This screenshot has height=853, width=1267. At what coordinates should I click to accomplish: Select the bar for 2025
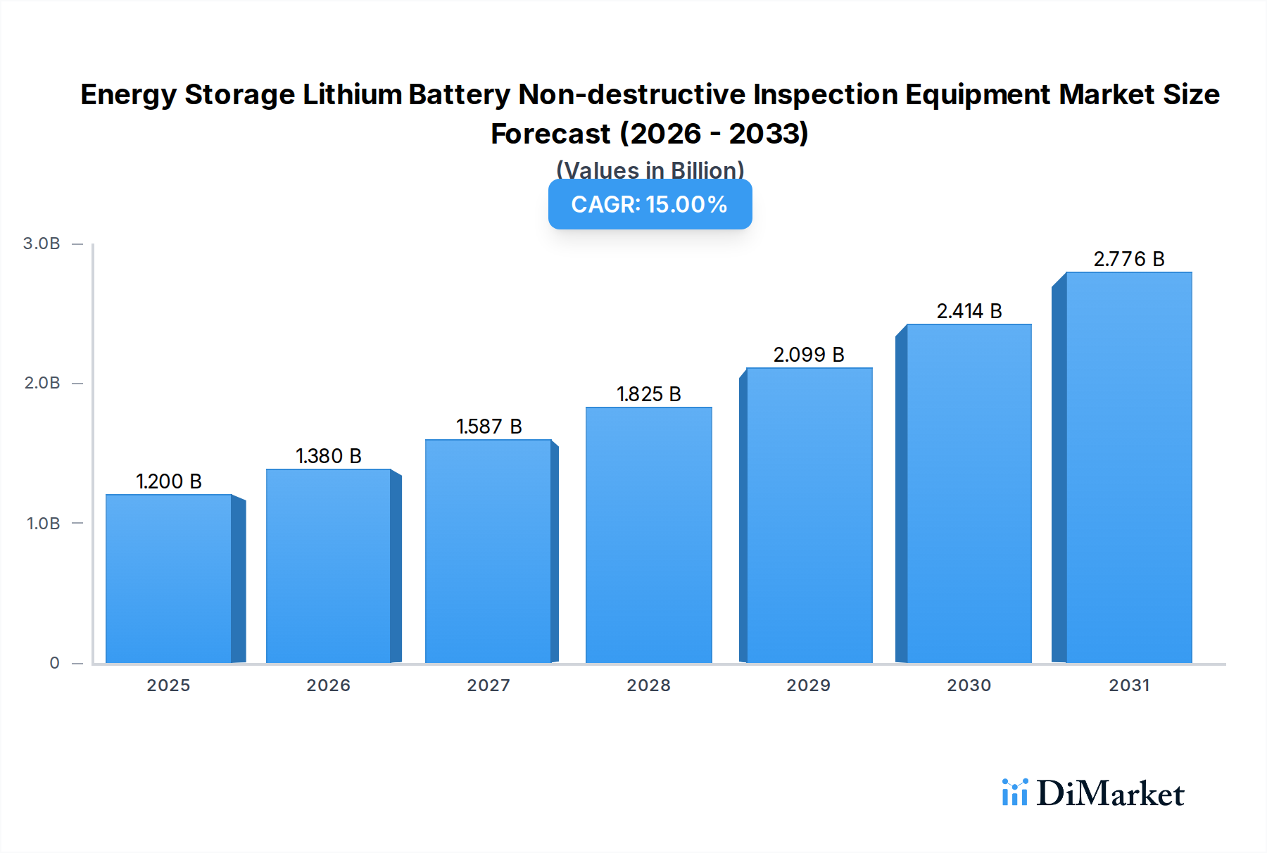click(x=169, y=579)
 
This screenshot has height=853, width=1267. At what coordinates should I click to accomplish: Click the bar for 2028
click(x=648, y=535)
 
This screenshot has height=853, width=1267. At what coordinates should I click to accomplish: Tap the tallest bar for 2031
click(x=1128, y=467)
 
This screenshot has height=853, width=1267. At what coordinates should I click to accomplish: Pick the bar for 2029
click(x=809, y=515)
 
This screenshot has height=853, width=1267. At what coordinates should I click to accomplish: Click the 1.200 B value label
click(x=169, y=481)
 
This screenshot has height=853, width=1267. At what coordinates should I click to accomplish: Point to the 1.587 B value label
click(x=488, y=426)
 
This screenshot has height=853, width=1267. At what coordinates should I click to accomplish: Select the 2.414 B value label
click(x=969, y=311)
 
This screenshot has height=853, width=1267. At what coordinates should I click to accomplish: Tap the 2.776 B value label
click(x=1128, y=259)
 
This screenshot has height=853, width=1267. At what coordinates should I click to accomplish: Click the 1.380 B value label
click(x=328, y=456)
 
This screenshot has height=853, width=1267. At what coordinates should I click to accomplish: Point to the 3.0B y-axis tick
click(x=42, y=244)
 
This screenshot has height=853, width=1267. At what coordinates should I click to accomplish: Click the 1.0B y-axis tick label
click(x=44, y=524)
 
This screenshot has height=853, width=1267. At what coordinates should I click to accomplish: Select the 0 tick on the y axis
click(x=55, y=663)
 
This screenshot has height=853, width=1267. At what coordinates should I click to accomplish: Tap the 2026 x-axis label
click(x=328, y=685)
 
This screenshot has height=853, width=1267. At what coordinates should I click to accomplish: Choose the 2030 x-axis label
click(x=969, y=685)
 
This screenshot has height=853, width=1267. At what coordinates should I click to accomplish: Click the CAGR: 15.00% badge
click(x=650, y=204)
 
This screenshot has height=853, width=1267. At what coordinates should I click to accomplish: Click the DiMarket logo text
click(x=1110, y=794)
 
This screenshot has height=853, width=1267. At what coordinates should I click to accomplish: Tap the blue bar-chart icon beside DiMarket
click(x=1014, y=792)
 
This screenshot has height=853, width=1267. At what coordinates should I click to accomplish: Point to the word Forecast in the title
click(x=550, y=134)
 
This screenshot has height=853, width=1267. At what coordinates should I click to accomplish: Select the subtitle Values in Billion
click(x=650, y=170)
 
